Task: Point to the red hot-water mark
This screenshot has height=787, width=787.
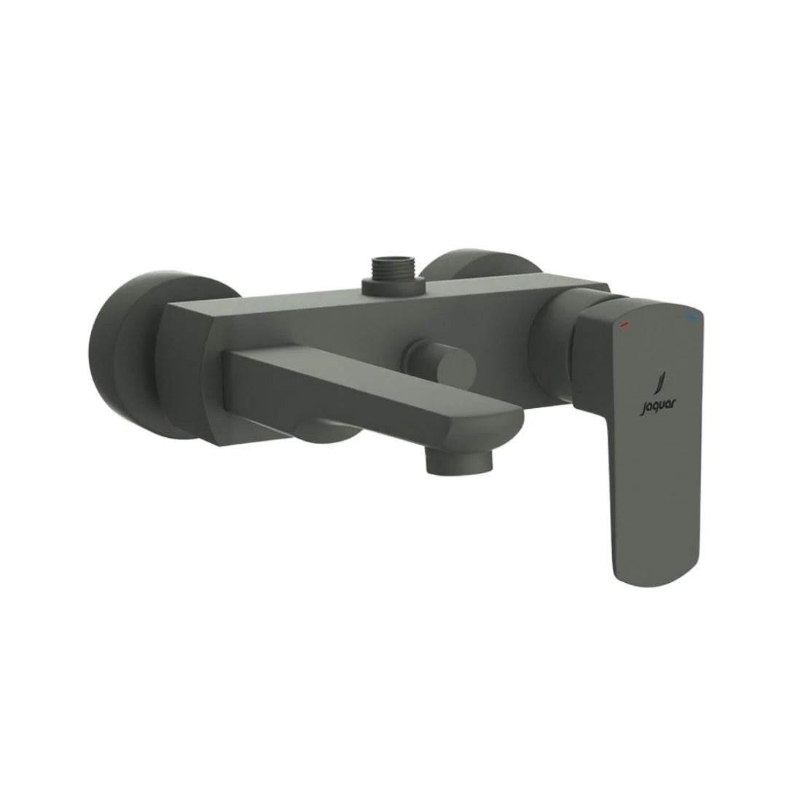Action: click(x=624, y=325)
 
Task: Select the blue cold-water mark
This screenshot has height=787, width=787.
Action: click(x=692, y=317)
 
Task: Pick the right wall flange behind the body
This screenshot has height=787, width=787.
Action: click(x=481, y=270)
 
